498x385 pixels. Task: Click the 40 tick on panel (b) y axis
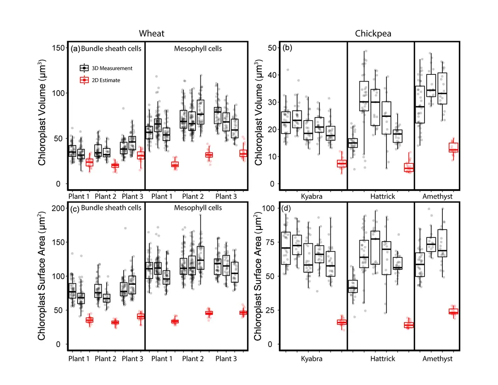click(272, 75)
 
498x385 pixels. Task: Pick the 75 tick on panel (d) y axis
click(272, 242)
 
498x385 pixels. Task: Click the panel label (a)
click(75, 49)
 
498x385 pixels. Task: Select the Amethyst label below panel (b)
click(437, 195)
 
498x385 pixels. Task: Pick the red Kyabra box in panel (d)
click(342, 322)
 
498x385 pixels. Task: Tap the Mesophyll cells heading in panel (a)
click(197, 49)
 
